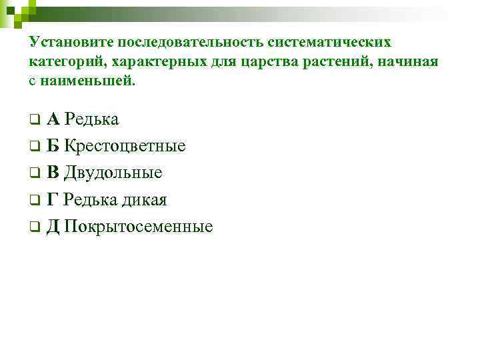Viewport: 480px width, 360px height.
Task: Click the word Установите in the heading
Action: point(71,42)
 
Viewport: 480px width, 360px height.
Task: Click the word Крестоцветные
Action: point(125,146)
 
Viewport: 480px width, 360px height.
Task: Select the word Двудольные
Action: point(114,173)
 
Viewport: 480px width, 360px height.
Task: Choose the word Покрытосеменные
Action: point(139,227)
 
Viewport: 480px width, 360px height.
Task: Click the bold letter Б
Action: point(53,146)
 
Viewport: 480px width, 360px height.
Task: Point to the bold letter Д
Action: point(53,227)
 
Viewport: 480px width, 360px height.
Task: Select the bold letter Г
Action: point(52,200)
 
